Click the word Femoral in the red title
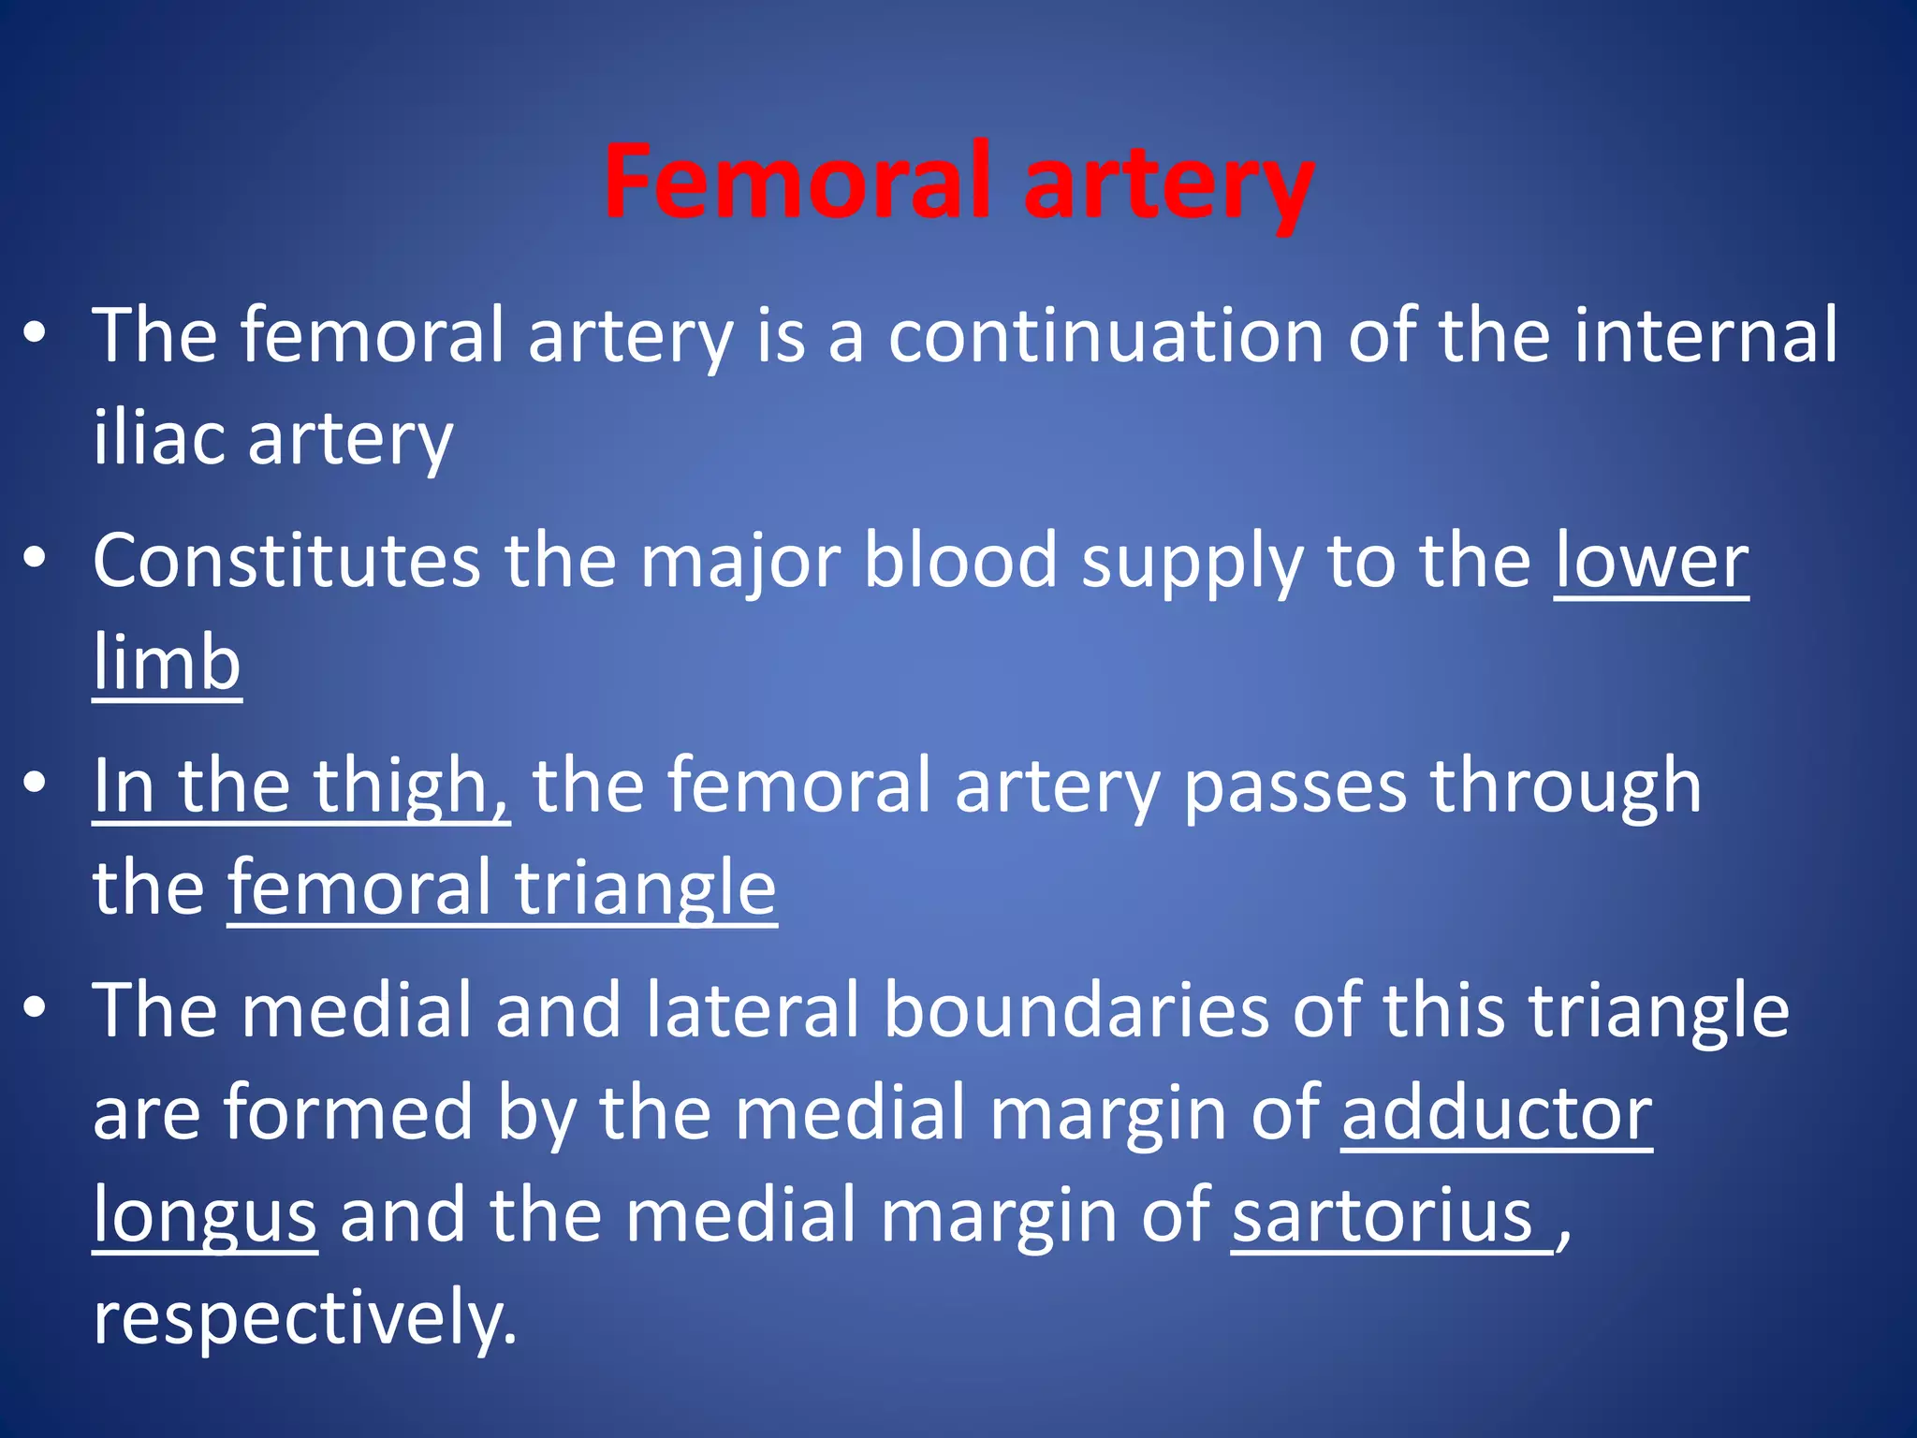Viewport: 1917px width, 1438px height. pyautogui.click(x=796, y=182)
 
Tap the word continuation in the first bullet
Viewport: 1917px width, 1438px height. pyautogui.click(x=1105, y=336)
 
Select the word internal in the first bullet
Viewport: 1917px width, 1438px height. pyautogui.click(x=1705, y=336)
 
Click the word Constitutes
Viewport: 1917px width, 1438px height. pyautogui.click(x=286, y=561)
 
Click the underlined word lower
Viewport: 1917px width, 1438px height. pyautogui.click(x=1651, y=561)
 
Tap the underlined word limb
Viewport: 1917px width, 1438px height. pyautogui.click(x=168, y=662)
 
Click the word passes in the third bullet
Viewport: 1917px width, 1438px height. pyautogui.click(x=1295, y=785)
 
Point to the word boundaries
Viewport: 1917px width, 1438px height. pyautogui.click(x=1076, y=1010)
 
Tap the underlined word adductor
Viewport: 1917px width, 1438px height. pyautogui.click(x=1497, y=1113)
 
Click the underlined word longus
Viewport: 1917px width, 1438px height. pyautogui.click(x=205, y=1216)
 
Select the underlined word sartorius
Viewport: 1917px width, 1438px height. pyautogui.click(x=1383, y=1216)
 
